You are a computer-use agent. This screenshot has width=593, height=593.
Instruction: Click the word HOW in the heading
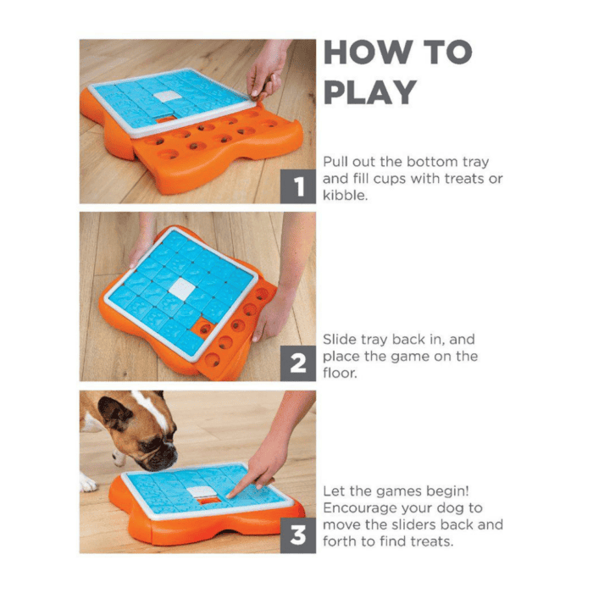click(x=369, y=52)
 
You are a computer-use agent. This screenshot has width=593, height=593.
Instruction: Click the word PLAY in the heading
click(x=370, y=91)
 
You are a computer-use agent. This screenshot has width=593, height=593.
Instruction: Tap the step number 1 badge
click(x=298, y=186)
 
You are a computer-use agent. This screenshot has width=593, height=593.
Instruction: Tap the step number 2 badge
click(x=298, y=363)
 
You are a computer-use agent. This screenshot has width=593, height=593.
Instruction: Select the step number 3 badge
click(x=298, y=535)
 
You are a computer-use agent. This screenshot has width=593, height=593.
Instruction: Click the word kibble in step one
click(x=345, y=195)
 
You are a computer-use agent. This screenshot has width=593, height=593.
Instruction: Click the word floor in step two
click(x=340, y=373)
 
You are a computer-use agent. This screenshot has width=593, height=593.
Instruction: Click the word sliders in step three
click(x=407, y=524)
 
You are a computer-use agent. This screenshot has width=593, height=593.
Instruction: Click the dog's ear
click(x=114, y=414)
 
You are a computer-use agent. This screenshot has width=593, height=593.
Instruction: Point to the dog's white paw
click(x=88, y=483)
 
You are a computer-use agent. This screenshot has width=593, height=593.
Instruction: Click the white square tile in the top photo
click(x=168, y=96)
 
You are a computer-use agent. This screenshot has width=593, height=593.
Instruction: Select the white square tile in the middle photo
click(x=181, y=289)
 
